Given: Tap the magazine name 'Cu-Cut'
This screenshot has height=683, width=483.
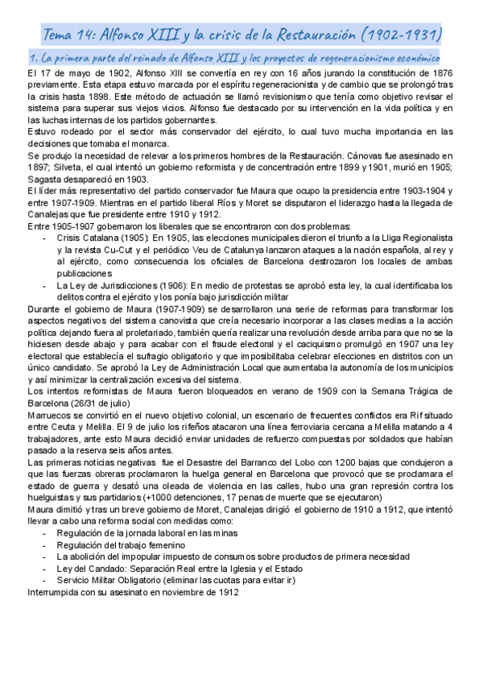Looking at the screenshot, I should (x=134, y=250).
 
